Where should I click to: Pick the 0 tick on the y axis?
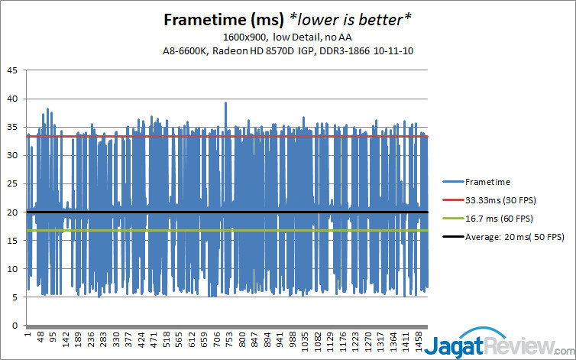point(16,326)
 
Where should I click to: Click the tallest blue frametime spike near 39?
point(225,102)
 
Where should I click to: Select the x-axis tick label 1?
point(28,336)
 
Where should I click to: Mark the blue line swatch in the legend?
point(453,182)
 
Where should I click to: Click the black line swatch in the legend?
point(453,238)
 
